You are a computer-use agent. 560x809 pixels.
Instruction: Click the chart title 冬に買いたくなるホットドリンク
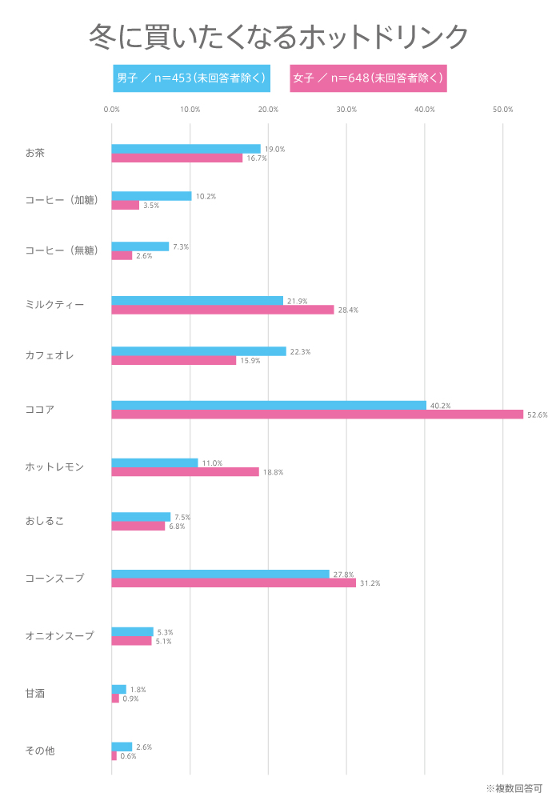(x=278, y=36)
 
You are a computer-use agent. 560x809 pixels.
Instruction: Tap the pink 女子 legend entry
(x=368, y=78)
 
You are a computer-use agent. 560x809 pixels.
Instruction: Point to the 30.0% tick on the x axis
(x=346, y=110)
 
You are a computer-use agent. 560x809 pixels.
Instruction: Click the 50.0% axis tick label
(x=502, y=110)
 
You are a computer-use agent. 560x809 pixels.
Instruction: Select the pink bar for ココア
(x=317, y=415)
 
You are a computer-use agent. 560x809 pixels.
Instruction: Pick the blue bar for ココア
(x=269, y=405)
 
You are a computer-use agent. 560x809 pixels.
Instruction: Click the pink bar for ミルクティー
(x=222, y=310)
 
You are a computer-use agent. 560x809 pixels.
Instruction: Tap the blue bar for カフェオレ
(x=198, y=351)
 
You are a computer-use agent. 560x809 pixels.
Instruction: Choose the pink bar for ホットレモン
(x=185, y=472)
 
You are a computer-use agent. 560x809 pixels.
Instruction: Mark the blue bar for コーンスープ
(x=220, y=574)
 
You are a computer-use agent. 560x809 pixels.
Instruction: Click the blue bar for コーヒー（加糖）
(x=151, y=196)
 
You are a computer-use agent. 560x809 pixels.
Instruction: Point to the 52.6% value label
(x=537, y=415)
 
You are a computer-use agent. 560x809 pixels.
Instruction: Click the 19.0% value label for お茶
(x=274, y=149)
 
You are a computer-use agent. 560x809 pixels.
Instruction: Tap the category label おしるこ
(x=44, y=521)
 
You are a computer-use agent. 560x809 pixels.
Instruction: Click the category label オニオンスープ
(x=59, y=636)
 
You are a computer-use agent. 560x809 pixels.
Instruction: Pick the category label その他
(x=40, y=751)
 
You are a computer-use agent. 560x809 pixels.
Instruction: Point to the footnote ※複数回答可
(x=514, y=788)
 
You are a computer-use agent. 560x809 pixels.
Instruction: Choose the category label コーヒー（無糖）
(x=62, y=250)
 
